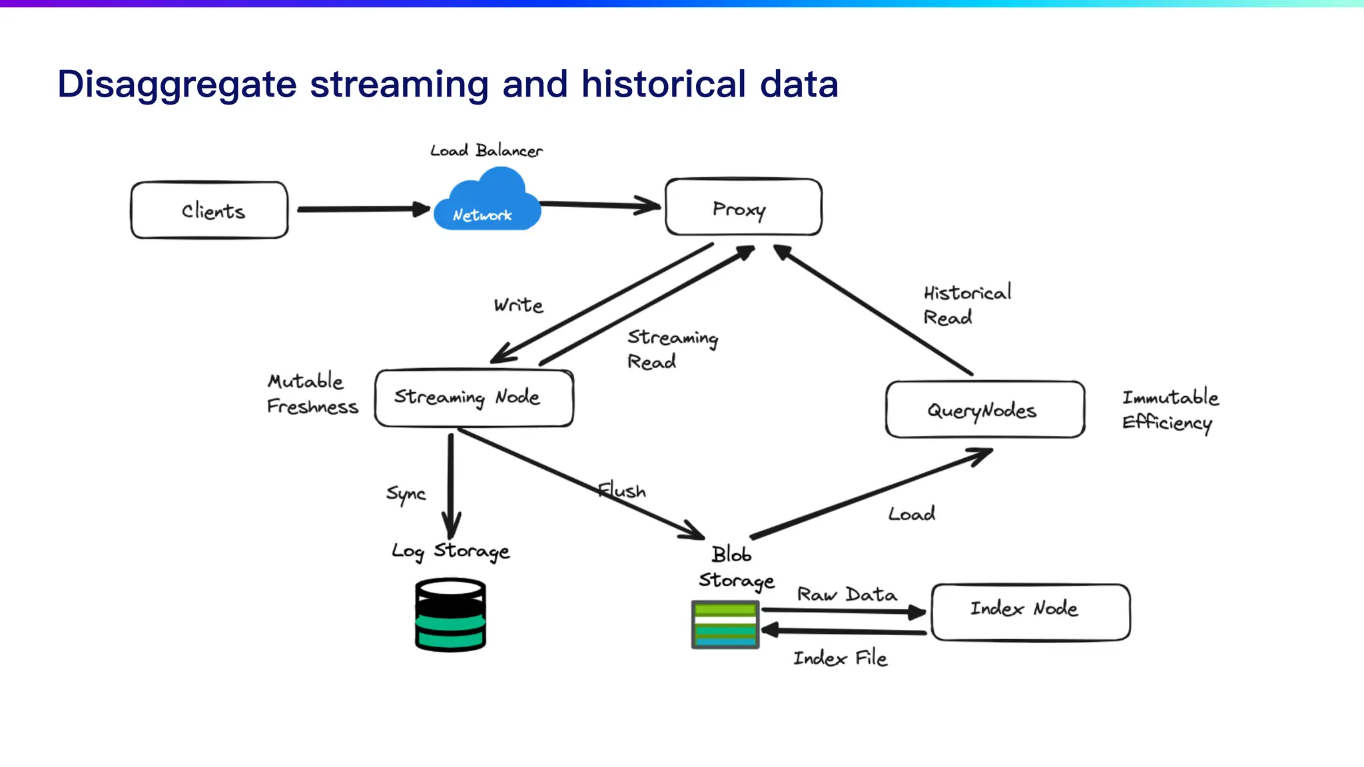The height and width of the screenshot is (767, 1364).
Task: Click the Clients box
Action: point(210,210)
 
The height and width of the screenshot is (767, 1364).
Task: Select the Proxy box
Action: point(743,208)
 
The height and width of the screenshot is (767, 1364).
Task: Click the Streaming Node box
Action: point(474,397)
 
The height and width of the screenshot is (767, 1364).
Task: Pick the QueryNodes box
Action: point(984,409)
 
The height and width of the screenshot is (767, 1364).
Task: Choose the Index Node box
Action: point(1030,612)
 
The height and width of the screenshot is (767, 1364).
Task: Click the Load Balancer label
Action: point(486,150)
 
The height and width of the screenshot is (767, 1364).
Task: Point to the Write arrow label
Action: point(518,305)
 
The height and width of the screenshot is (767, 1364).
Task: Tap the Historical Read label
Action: point(966,305)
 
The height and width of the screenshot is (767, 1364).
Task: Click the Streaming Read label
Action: point(671,350)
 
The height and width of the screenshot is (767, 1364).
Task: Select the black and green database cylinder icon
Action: point(450,615)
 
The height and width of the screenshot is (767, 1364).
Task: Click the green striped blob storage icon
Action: point(725,625)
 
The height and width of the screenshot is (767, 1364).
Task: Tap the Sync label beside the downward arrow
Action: point(406,494)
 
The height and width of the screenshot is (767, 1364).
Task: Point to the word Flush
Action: point(622,491)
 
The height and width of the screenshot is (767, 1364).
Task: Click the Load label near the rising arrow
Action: point(911,514)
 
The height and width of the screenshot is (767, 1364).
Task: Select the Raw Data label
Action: point(847,594)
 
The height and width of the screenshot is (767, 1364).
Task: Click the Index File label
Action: point(840,658)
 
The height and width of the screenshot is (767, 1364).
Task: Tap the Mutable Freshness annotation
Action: point(311,393)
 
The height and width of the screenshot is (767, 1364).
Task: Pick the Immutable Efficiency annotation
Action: point(1170,409)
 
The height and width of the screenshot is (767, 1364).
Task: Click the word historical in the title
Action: point(663,85)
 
